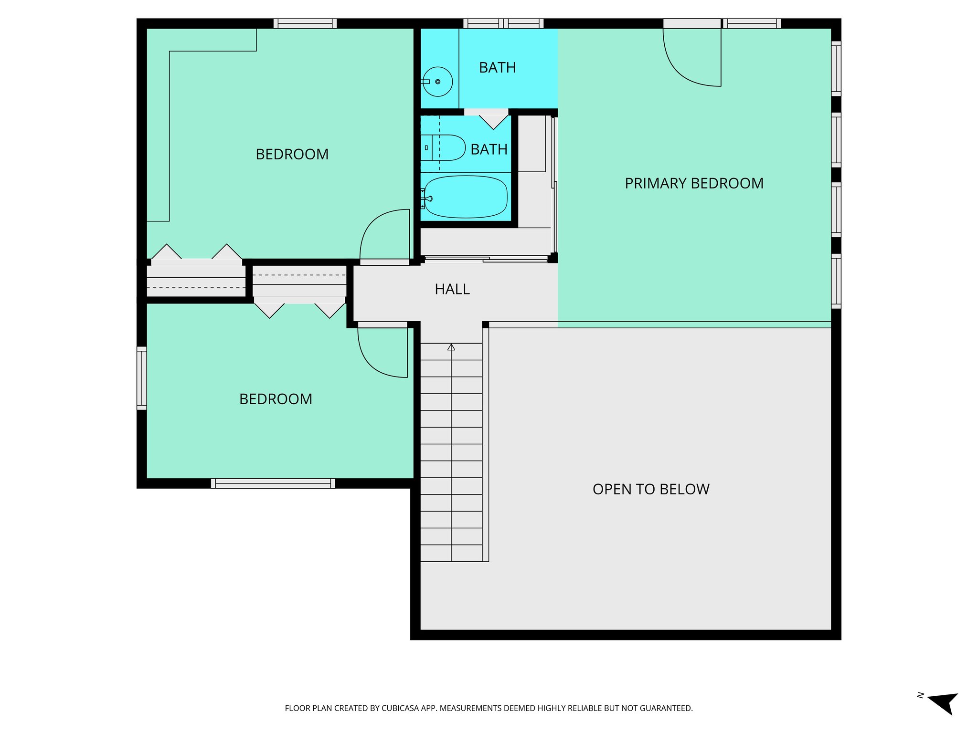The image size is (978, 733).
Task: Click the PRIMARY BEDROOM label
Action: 694,183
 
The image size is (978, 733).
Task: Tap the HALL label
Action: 452,289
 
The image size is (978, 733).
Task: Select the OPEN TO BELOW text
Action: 651,489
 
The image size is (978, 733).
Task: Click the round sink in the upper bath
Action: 437,82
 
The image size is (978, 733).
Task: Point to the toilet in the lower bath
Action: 444,147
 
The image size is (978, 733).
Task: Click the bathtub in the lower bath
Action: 466,197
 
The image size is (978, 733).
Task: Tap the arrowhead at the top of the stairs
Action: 451,347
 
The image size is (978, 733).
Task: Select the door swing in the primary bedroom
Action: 692,60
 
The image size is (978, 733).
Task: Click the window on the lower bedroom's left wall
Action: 142,378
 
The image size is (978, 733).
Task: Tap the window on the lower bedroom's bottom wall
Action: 273,483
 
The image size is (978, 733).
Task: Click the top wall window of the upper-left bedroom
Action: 305,23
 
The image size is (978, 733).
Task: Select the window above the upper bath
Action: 503,23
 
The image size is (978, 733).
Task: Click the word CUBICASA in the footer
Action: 401,708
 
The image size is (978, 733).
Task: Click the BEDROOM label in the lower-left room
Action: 276,399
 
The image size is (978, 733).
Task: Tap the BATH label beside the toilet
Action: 489,149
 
